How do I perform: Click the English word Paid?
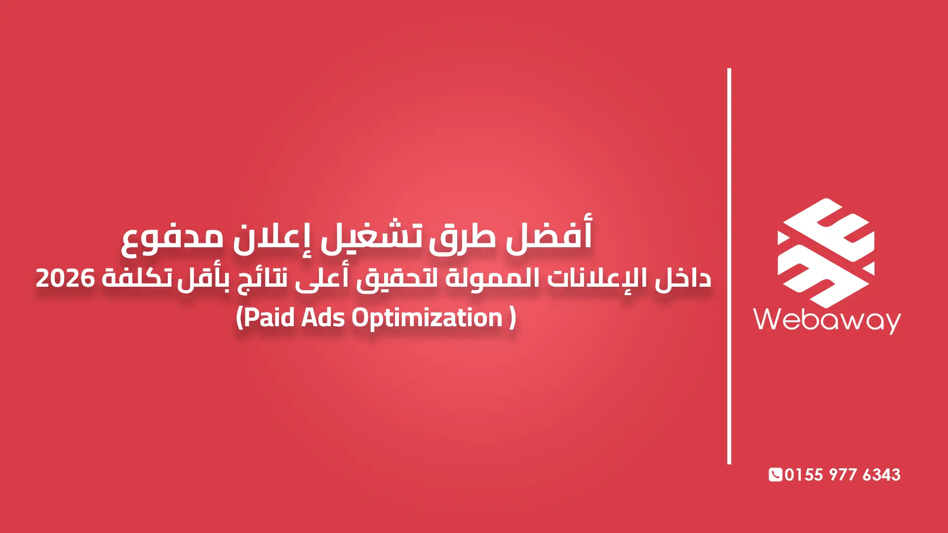click(270, 317)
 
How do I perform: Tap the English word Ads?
click(323, 317)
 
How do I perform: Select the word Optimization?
click(427, 317)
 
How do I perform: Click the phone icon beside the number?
click(775, 475)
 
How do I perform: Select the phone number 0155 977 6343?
click(842, 475)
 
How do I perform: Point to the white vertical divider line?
click(729, 266)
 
